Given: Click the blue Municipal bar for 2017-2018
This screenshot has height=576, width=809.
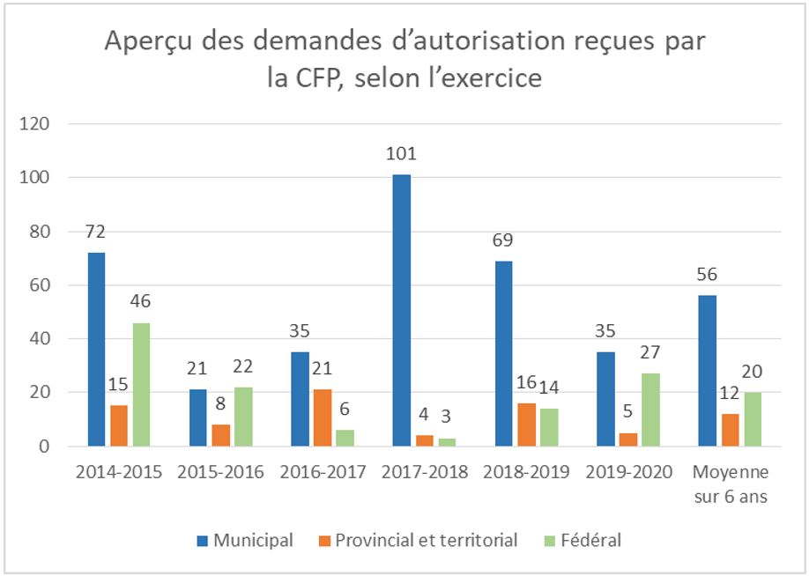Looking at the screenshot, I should point(402,310).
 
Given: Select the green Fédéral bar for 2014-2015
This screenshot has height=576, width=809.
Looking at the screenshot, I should point(141,384).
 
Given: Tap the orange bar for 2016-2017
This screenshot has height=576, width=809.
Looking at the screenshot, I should point(323,417).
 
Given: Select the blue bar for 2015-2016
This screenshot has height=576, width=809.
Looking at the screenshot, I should point(197,417).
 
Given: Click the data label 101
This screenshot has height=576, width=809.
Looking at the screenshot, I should point(402,155).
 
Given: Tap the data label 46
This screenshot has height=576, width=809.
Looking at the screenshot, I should point(141,302).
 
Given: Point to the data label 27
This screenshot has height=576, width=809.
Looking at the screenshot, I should point(650,353).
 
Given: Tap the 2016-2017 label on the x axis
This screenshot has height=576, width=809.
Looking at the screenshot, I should point(322,471).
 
